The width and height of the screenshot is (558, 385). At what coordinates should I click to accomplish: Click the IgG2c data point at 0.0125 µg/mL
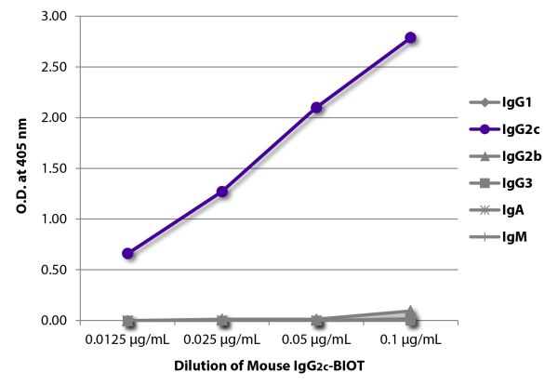(127, 253)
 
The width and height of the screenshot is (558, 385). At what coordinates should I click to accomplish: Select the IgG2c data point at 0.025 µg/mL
(222, 192)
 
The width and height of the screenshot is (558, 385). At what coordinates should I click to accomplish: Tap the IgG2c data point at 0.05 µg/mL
(317, 107)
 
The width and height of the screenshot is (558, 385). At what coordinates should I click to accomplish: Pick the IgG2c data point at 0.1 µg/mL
(411, 37)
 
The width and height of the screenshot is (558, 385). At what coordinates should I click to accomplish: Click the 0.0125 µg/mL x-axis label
(127, 339)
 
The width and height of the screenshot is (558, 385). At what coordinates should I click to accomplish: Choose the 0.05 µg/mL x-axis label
(317, 339)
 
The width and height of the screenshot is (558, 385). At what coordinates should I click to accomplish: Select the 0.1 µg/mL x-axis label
(411, 339)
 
